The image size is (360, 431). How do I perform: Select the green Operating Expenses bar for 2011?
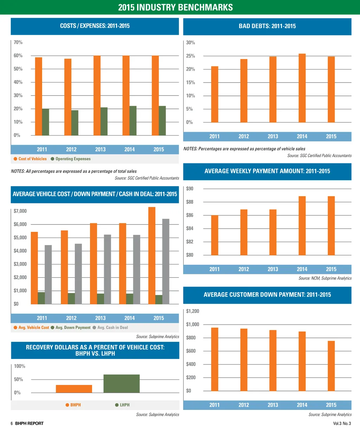46,122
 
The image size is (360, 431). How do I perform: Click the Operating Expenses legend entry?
71,159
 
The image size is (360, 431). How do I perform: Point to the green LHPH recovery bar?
122,384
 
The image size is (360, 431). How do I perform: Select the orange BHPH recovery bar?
74,389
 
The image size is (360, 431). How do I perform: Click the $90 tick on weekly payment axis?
190,189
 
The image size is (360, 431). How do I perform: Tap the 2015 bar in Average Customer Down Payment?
331,366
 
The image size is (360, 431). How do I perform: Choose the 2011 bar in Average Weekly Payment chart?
214,235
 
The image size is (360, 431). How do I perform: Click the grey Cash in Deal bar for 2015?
166,261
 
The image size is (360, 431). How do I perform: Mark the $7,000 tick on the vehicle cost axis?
20,211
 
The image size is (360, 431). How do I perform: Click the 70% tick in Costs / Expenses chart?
18,43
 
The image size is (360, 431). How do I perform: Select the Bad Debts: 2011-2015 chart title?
267,26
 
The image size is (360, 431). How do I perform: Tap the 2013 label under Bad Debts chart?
273,136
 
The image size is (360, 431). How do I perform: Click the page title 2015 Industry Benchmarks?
175,7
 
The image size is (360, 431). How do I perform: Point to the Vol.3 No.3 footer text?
342,423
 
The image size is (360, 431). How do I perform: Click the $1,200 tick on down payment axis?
193,311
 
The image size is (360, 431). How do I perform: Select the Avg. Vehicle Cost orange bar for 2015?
152,255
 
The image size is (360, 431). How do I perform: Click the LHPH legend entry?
122,405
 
